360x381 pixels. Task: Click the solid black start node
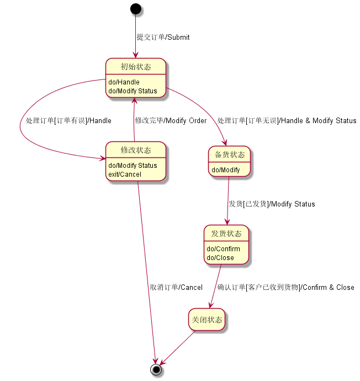point(135,9)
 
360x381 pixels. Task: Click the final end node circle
point(156,369)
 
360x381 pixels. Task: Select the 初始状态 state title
point(136,67)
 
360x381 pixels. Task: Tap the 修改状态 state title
point(136,150)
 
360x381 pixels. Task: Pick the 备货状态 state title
point(229,155)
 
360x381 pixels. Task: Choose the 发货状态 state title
point(226,234)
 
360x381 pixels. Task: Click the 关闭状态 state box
point(207,320)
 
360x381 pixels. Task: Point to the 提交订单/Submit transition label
point(163,38)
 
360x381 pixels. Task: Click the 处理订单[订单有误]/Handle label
point(68,121)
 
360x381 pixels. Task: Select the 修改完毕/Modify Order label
point(171,121)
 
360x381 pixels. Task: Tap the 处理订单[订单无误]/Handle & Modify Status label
point(287,121)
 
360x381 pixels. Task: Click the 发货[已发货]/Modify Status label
point(272,204)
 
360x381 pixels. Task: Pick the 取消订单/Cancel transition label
point(176,288)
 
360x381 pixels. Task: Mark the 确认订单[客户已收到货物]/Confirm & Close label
point(285,288)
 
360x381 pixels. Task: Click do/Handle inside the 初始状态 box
point(124,82)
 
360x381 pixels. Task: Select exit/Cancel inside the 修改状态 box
point(125,174)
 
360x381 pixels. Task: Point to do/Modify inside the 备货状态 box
point(226,170)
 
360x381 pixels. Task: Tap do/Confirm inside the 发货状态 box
point(223,249)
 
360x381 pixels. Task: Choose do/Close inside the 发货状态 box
point(220,258)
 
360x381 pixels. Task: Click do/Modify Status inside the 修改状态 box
point(133,166)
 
